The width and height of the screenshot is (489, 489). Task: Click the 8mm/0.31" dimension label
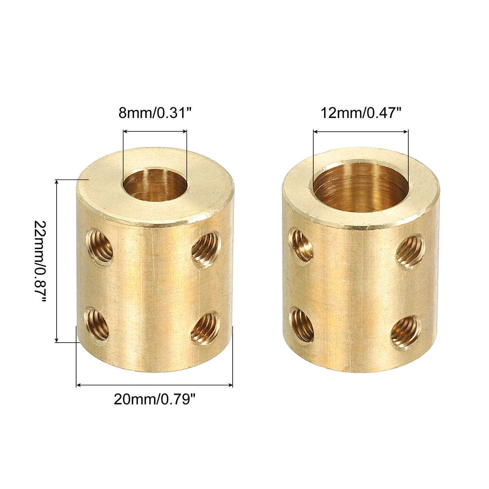pos(155,113)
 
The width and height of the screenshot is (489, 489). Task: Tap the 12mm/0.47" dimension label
pos(361,113)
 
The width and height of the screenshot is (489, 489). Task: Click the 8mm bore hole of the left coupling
pos(155,185)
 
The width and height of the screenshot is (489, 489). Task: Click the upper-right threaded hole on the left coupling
pos(206,250)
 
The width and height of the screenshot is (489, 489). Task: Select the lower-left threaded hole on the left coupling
pos(97,325)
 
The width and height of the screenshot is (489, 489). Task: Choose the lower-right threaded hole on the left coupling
pos(205,328)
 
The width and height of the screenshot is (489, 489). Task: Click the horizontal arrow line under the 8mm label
pos(155,132)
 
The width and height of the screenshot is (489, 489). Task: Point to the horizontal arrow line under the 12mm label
pos(360,132)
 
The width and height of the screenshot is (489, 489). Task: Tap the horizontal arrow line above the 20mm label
pos(154,385)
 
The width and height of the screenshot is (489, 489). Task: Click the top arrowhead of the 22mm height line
pos(57,182)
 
